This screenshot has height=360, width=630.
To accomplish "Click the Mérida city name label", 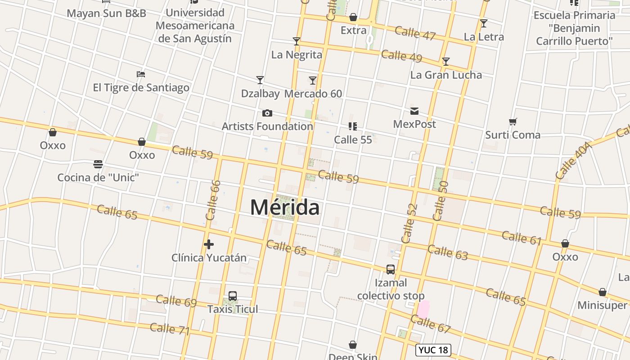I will (285, 207).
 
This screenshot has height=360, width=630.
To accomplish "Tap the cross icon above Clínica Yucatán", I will (209, 244).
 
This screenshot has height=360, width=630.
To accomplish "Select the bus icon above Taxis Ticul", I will (233, 296).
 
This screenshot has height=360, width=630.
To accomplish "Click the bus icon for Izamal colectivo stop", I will (391, 270).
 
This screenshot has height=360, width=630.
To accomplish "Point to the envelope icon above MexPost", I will (414, 111).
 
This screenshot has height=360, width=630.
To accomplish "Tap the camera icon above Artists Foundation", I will (267, 113).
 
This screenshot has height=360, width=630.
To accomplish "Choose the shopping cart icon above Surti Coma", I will (513, 121).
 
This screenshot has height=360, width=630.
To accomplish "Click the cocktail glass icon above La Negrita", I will (297, 41).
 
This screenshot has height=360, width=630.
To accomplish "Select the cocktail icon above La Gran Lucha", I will (446, 62).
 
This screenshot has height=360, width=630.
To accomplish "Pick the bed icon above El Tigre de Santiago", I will (141, 74).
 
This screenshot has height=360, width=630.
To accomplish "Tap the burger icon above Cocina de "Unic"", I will (98, 164).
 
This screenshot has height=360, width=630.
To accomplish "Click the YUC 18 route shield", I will (433, 350).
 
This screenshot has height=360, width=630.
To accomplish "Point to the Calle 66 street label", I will (213, 200).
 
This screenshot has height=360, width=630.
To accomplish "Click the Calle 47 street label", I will (415, 33).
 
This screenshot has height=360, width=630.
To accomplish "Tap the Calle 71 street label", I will (170, 329).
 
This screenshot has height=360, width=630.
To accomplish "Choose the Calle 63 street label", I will (448, 252).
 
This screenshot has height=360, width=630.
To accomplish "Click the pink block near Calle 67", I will (423, 309).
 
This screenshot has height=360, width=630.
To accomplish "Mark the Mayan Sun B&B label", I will (107, 13).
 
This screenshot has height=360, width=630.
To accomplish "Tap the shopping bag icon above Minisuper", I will (603, 292).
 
